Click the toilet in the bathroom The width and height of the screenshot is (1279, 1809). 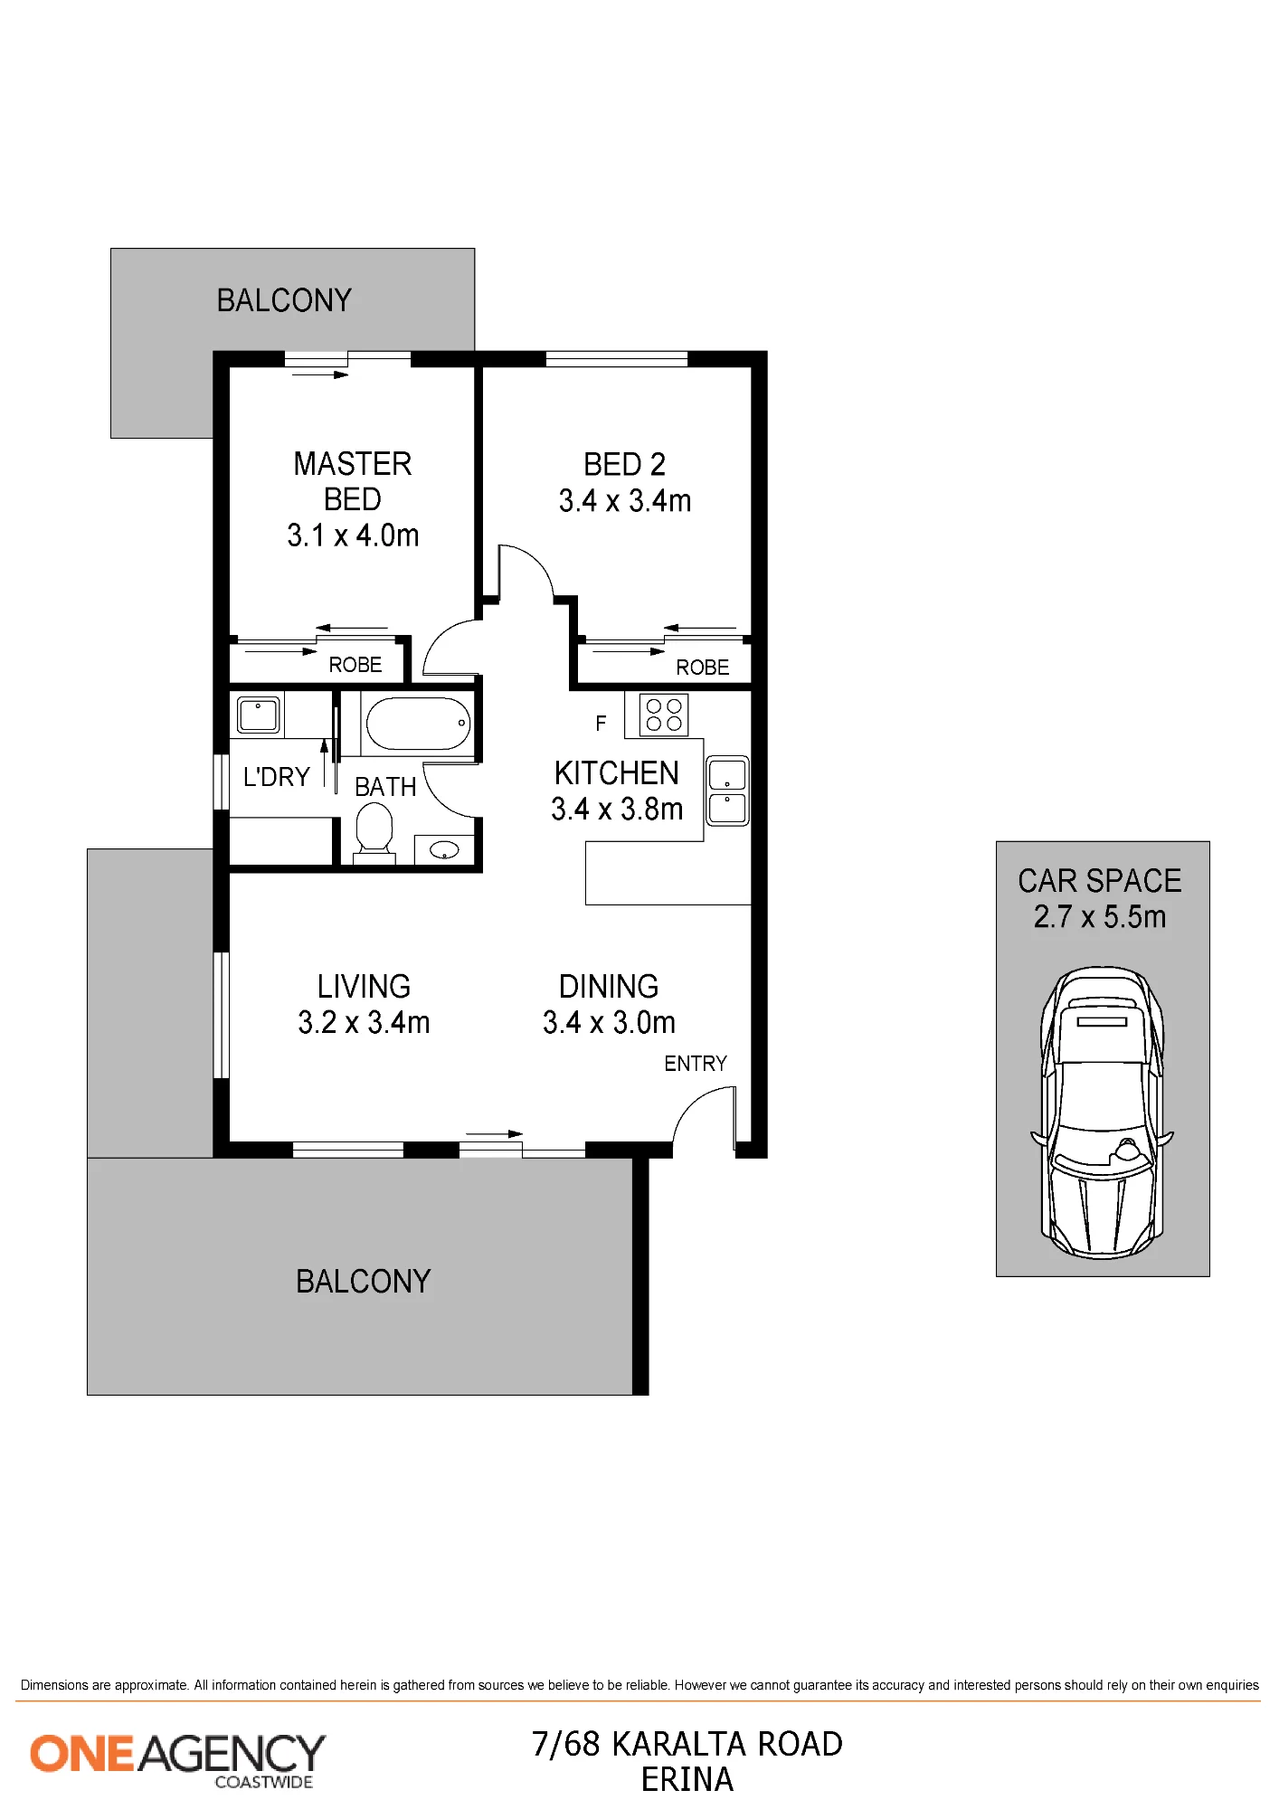click(x=374, y=830)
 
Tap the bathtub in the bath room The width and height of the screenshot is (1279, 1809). click(x=418, y=723)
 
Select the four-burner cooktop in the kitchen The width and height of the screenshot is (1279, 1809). click(x=664, y=714)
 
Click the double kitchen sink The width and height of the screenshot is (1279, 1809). click(x=727, y=791)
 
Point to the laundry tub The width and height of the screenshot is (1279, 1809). click(x=258, y=715)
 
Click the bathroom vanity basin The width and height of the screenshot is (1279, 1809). click(x=444, y=850)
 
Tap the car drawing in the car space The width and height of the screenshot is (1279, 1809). click(x=1102, y=1113)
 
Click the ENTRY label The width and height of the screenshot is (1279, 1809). click(x=696, y=1064)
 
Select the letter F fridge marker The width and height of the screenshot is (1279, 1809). click(x=601, y=723)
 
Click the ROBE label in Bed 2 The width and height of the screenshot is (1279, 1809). click(x=702, y=668)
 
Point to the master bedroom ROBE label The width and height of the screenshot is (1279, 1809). click(x=355, y=665)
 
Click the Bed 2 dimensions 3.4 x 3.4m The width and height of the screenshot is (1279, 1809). click(x=625, y=500)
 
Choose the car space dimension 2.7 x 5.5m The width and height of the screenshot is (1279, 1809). click(x=1100, y=916)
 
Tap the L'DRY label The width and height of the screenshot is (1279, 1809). click(x=276, y=777)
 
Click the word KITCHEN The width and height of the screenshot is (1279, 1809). click(x=617, y=773)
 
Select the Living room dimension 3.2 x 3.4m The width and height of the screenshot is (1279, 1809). click(x=364, y=1022)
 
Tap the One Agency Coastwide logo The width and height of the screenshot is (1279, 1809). click(x=177, y=1760)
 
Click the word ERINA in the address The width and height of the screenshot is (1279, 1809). click(x=687, y=1780)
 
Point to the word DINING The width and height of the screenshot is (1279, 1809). click(x=609, y=986)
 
